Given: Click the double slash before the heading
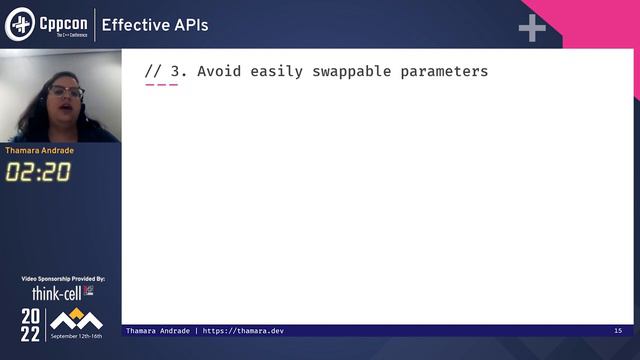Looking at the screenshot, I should click(153, 71).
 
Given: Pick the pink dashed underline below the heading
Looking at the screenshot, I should click(161, 85).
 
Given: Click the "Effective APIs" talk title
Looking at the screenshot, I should click(155, 25).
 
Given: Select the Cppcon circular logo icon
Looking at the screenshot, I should click(20, 25).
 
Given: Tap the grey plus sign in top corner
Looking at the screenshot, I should click(532, 28).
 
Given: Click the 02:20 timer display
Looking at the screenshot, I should click(38, 172).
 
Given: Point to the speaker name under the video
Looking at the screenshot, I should click(39, 151).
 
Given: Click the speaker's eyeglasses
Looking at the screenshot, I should click(65, 93).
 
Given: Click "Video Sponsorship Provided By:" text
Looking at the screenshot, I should click(62, 279).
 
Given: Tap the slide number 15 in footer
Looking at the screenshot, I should click(618, 331).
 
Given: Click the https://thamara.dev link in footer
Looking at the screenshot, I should click(243, 331).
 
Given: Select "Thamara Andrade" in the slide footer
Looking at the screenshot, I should click(158, 331).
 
